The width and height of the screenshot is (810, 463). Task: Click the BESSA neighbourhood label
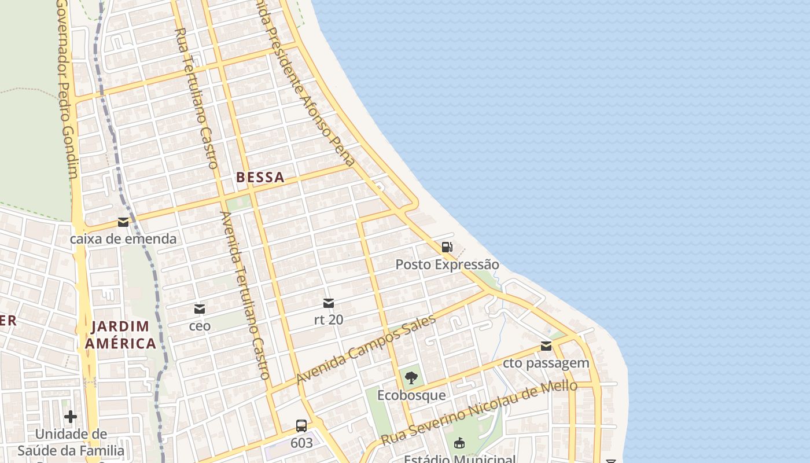[x=260, y=178]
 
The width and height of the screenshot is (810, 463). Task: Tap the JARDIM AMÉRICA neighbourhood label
[x=120, y=335]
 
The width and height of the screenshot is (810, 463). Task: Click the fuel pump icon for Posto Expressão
[x=447, y=248]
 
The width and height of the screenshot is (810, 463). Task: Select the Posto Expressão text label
[x=447, y=264]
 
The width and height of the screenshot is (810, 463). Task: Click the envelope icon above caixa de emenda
[x=123, y=222]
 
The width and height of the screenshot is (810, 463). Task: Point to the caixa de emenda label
[x=123, y=238]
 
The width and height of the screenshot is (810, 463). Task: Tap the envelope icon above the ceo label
[x=200, y=309]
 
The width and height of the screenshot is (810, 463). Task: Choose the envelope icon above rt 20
[x=329, y=303]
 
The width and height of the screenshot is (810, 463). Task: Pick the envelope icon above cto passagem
[x=546, y=346]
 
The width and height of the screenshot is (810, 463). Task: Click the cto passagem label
[x=546, y=363]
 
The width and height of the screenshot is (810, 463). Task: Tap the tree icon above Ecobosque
[x=411, y=379]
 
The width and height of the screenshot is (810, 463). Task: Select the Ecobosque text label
[x=411, y=395]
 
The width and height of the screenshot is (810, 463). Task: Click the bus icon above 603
[x=301, y=426]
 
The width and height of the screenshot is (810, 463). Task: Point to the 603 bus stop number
[x=301, y=443]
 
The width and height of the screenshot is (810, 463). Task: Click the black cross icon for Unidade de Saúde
[x=71, y=417]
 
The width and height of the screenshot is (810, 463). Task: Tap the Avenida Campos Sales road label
[x=366, y=349]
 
